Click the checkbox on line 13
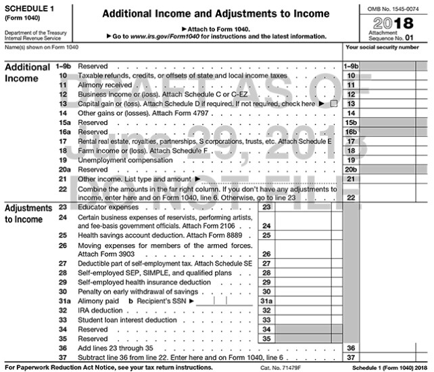334,104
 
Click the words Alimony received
105,85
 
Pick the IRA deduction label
102,310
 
